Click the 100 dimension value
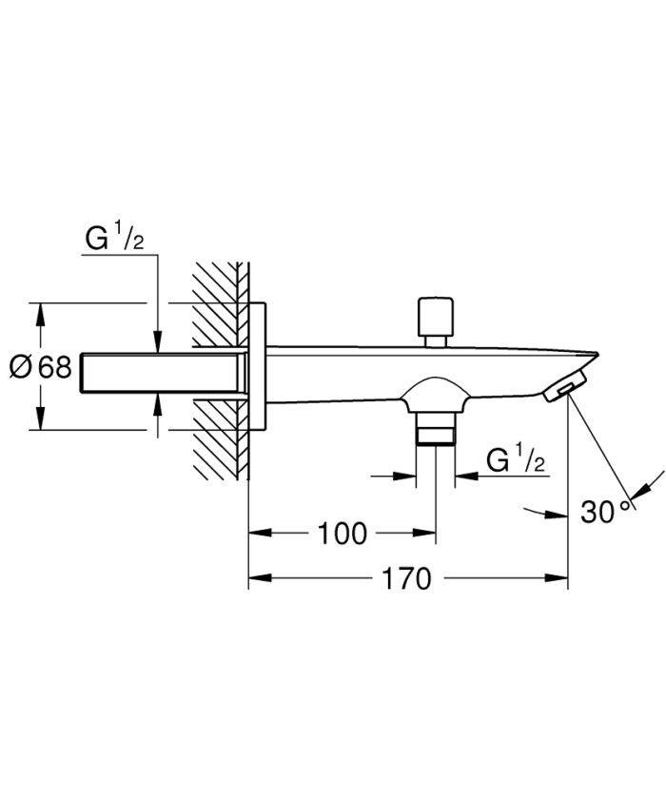tap(342, 534)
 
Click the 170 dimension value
tap(406, 577)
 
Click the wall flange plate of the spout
tap(258, 367)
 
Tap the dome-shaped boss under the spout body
tap(436, 392)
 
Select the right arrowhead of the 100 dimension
tap(429, 534)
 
